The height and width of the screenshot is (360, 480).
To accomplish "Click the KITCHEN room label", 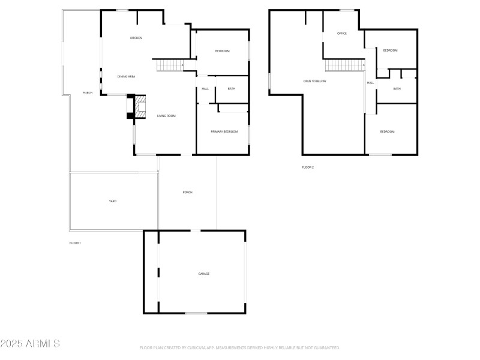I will pyautogui.click(x=136, y=38).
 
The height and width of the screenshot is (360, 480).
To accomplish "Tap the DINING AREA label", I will pyautogui.click(x=126, y=76).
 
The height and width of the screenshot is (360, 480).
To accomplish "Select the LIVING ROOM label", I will pyautogui.click(x=166, y=115).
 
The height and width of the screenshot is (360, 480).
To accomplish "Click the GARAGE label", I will pyautogui.click(x=204, y=274).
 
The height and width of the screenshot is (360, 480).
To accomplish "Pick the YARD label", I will pyautogui.click(x=112, y=201).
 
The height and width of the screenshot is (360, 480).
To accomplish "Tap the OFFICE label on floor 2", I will pyautogui.click(x=342, y=34).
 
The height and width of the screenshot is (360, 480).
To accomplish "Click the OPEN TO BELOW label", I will pyautogui.click(x=315, y=81).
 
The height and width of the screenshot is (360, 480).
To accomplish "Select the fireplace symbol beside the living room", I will pyautogui.click(x=137, y=108).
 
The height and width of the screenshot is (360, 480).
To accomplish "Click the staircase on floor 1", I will pyautogui.click(x=170, y=65).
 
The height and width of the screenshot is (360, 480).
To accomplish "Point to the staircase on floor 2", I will pyautogui.click(x=345, y=65).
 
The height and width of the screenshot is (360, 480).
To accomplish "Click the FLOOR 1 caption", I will pyautogui.click(x=75, y=243).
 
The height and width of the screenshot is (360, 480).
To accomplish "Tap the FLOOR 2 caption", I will pyautogui.click(x=308, y=167).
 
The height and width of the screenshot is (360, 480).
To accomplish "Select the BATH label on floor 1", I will pyautogui.click(x=231, y=89).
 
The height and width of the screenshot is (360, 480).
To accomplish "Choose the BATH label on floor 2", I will pyautogui.click(x=397, y=89).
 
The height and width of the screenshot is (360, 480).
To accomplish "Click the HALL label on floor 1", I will pyautogui.click(x=205, y=89).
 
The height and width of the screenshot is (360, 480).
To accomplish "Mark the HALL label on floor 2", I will pyautogui.click(x=370, y=83).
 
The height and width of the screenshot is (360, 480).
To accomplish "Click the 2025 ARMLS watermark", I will pyautogui.click(x=30, y=344).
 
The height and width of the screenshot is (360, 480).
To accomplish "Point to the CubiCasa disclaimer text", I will pyautogui.click(x=240, y=347).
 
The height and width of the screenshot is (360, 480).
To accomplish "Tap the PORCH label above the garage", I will pyautogui.click(x=187, y=192).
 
